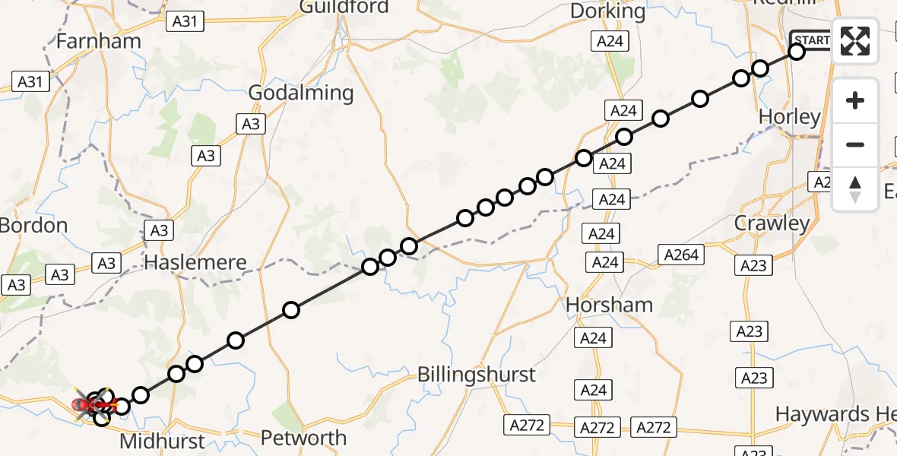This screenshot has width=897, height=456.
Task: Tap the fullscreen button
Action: point(855,41)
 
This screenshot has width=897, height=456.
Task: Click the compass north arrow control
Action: point(855,189)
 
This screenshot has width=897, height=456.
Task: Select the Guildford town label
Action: point(344,8)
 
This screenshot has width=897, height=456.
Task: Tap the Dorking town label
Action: point(607,11)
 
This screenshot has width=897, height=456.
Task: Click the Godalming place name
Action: point(302,93)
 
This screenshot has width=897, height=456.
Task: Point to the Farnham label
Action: point(99,41)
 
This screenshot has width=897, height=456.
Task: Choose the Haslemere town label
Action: point(195,263)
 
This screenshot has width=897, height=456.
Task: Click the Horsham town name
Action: point(610,306)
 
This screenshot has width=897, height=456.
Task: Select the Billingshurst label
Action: point(477,375)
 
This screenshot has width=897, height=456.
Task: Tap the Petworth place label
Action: point(303,438)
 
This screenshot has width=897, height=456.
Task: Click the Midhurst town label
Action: point(163,442)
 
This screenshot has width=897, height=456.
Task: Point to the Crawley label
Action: point(772,224)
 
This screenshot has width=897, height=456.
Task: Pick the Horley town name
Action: point(790,117)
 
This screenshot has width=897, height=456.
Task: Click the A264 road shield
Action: point(681,255)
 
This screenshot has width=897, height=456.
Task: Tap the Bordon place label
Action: point(33,226)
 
